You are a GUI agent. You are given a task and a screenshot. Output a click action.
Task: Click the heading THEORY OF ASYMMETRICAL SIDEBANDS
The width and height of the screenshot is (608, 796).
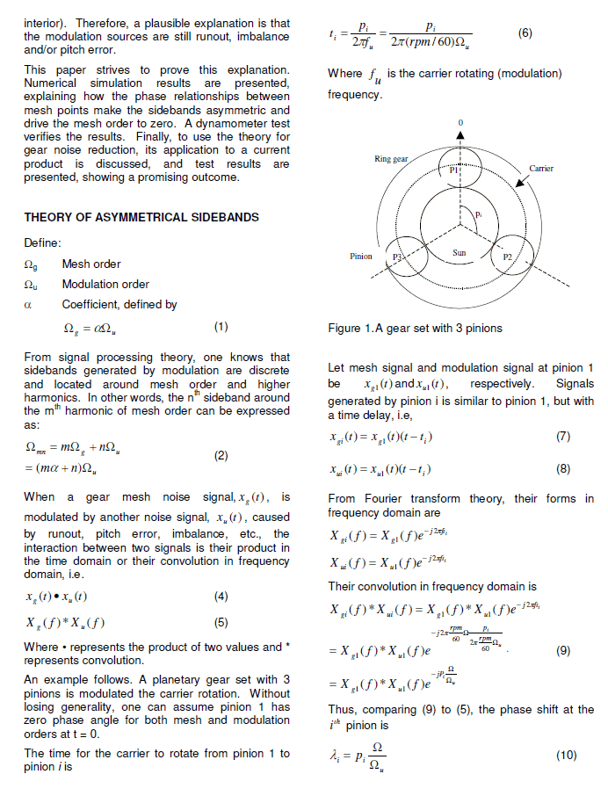(128, 217)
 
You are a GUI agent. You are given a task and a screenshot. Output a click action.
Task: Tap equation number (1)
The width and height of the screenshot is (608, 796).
(221, 327)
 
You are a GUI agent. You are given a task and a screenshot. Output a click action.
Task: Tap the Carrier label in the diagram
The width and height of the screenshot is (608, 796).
(541, 168)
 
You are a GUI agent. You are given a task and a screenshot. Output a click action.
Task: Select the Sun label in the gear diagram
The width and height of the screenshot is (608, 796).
(459, 252)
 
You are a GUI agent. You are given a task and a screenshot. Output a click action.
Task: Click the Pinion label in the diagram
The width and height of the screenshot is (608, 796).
(360, 257)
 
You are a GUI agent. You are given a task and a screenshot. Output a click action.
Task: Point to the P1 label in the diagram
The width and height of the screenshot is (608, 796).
(454, 170)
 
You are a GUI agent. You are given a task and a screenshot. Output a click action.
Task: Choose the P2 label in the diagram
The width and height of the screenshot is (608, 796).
(507, 258)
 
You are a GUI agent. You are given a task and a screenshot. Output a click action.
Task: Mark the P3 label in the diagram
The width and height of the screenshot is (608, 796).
(397, 257)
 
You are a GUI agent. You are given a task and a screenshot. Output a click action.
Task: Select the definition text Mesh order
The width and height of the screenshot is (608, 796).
(91, 264)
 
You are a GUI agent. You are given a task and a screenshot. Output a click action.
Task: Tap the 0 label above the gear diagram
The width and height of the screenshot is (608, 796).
(459, 120)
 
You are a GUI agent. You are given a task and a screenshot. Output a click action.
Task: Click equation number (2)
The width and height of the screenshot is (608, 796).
(221, 456)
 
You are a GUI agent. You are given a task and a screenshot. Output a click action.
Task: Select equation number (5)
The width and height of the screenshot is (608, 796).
(221, 623)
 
